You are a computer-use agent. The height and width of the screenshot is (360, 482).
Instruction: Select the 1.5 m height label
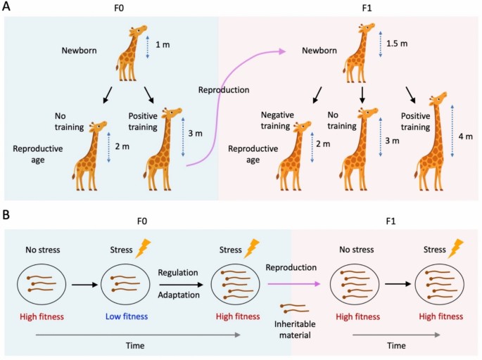(x=396, y=44)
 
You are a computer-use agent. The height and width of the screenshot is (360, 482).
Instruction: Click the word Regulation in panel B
(x=179, y=271)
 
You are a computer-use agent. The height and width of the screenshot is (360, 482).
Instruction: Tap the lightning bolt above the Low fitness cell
(x=144, y=248)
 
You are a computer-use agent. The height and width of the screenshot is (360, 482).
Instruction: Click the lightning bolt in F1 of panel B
(x=457, y=248)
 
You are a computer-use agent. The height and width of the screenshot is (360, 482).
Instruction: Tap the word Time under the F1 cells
(x=396, y=347)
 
